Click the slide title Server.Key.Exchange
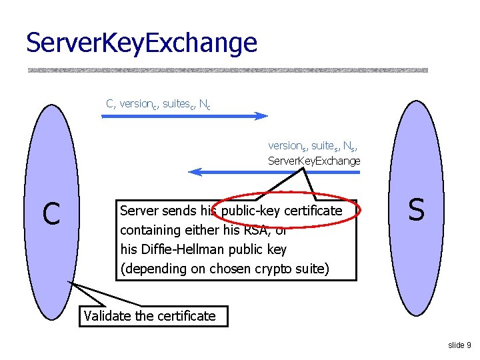[141, 43]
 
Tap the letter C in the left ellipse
[51, 213]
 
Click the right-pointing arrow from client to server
[184, 116]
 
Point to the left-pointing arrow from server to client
[274, 172]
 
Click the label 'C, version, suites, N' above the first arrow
[158, 104]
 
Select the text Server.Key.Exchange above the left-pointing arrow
[313, 161]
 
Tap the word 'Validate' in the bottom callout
[107, 316]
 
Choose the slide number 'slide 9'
[459, 345]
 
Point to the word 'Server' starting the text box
[139, 211]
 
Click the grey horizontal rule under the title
[227, 69]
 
